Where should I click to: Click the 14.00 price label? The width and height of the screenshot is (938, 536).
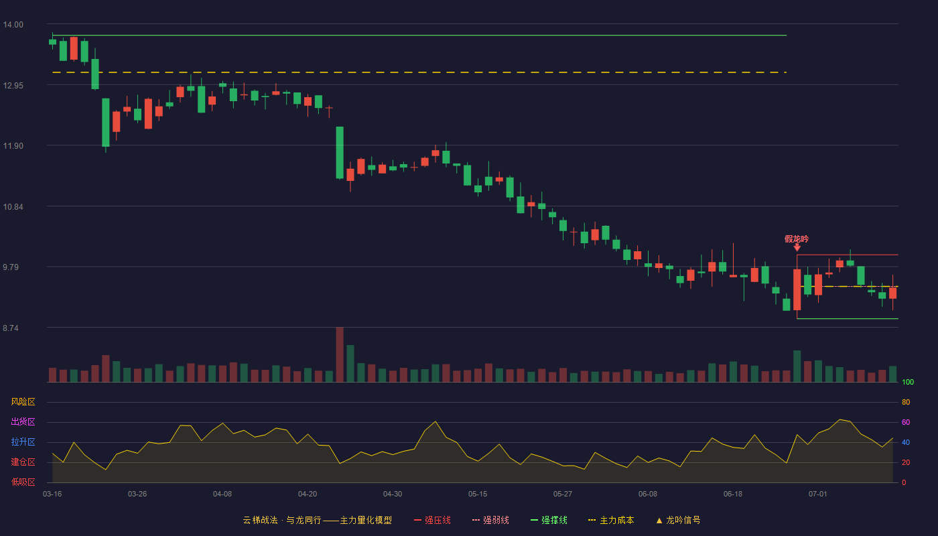13,25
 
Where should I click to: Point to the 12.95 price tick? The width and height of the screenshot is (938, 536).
13,86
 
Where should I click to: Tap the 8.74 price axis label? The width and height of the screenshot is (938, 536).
11,328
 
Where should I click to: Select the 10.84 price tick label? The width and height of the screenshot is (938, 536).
13,207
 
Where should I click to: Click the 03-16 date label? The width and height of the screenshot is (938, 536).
52,494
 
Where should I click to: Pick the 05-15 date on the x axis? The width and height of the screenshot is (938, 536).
478,494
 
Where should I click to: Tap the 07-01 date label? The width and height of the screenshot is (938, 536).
818,494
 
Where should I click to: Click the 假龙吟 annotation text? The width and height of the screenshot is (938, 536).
797,239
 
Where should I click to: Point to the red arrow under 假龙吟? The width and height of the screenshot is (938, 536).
797,247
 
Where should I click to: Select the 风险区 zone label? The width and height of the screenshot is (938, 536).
23,402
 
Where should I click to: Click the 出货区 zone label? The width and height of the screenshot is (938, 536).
23,421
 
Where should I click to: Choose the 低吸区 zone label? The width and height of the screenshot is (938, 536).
23,482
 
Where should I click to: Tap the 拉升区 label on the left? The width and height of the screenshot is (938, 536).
23,442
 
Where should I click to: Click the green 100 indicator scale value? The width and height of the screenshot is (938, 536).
908,382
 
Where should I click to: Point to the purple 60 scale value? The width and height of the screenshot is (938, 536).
906,422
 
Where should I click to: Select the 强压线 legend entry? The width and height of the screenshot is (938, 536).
433,520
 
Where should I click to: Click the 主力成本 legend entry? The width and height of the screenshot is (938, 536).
611,520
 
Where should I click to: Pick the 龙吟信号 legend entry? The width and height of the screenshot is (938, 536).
678,520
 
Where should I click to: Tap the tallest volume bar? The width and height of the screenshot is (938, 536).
340,354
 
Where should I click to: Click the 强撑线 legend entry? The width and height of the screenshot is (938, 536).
549,520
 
